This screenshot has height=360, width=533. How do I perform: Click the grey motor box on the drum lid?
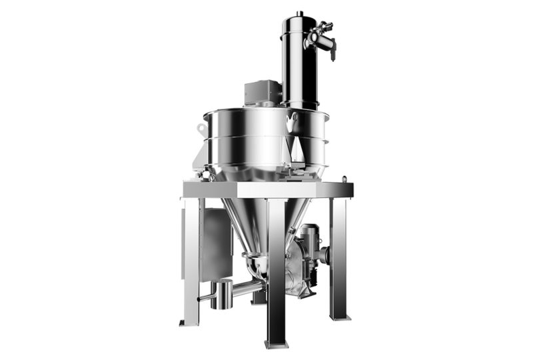tap(261, 93)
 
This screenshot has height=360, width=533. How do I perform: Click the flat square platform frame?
tap(266, 190)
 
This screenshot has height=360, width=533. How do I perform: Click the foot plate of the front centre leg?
tap(276, 343)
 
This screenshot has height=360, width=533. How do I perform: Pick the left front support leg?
tap(191, 260)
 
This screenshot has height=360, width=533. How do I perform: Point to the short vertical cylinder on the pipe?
tap(221, 293)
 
